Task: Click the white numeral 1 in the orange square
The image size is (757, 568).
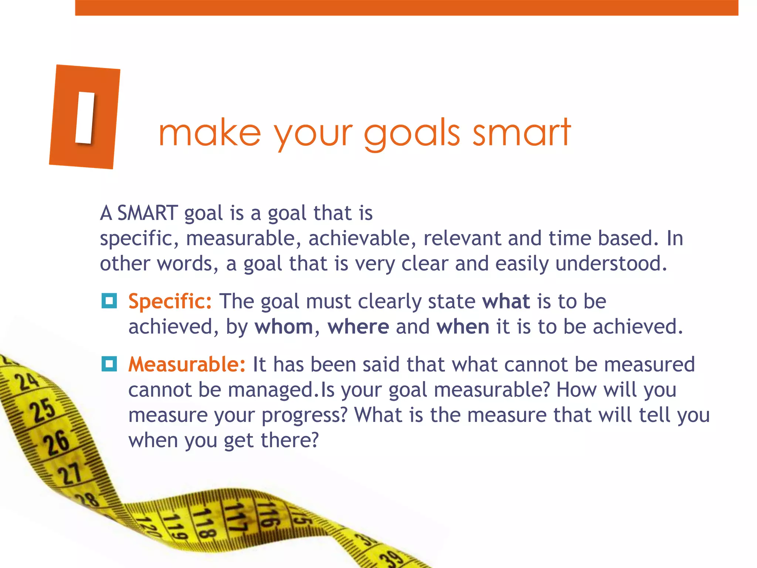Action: coord(85,117)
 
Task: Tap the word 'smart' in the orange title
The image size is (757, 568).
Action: coord(522,132)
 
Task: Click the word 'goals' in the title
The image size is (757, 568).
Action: coord(412,133)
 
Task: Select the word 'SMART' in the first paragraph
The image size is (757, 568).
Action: coord(147,213)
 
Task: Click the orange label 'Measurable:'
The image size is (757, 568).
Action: coord(187,364)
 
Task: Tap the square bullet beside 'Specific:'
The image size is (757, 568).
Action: coord(109,301)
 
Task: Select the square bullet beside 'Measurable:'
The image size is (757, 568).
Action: coord(109,364)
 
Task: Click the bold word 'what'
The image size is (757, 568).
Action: coord(506,301)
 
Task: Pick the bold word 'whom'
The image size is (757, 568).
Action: coord(284,327)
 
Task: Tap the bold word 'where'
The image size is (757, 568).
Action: coord(358,327)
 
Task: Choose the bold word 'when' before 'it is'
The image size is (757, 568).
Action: coord(463,327)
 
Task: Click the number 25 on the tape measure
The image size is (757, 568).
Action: coord(43,410)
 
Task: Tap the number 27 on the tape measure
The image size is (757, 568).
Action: coord(69,474)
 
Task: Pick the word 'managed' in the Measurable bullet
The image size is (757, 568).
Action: coord(270,390)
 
